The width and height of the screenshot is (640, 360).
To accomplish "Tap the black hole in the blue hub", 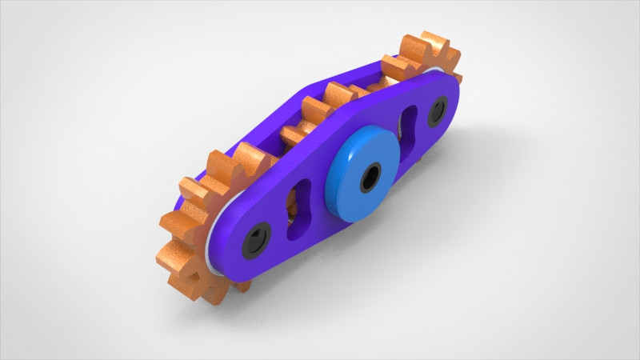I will point(370,177).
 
